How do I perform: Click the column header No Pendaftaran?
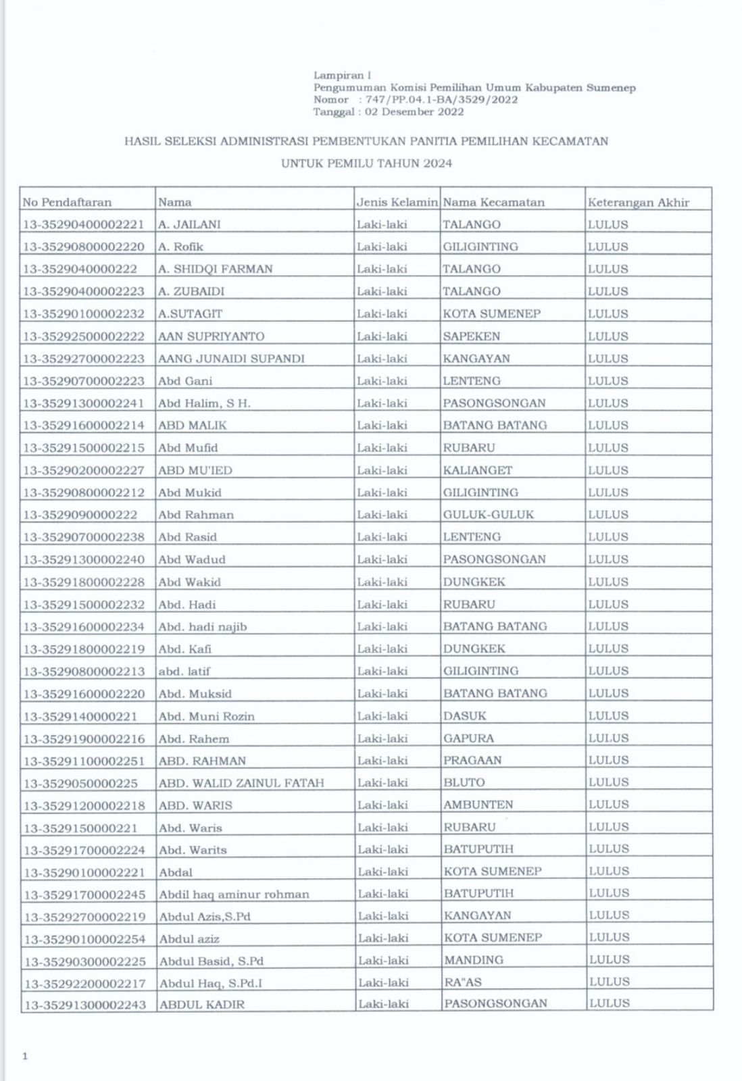click(67, 202)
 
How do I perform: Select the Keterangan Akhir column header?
click(638, 202)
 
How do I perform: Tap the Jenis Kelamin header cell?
click(397, 202)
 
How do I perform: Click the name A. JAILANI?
click(189, 224)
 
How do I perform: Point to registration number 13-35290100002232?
click(84, 313)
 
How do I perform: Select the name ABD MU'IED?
click(195, 470)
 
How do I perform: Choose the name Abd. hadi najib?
click(203, 626)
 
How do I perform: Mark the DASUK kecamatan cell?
click(465, 715)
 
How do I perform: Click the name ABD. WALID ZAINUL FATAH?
click(241, 782)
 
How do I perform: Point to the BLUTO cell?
click(464, 782)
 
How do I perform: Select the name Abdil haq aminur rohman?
click(234, 894)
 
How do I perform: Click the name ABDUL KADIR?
click(202, 1004)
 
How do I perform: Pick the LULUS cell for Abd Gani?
click(608, 380)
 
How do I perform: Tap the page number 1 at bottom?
click(25, 1056)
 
